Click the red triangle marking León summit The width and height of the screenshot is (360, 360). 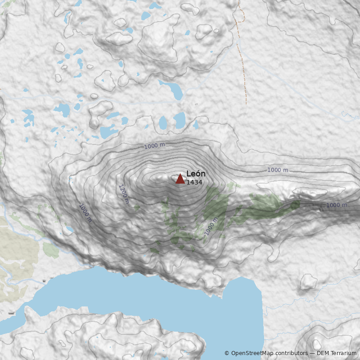(x=180, y=179)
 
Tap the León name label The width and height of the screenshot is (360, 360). (x=196, y=174)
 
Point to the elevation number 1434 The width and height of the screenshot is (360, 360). (x=194, y=182)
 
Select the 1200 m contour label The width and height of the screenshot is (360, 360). (x=123, y=194)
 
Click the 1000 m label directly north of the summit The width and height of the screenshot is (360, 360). (x=154, y=146)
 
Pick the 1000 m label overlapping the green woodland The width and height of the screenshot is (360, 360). (x=211, y=226)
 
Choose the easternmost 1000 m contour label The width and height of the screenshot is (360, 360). (x=337, y=205)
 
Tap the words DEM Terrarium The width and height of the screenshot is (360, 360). (x=337, y=353)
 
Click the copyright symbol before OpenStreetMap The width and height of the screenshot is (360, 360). (x=227, y=353)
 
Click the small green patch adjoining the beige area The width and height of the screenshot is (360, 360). (x=51, y=250)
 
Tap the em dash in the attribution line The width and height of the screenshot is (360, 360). (x=312, y=353)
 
